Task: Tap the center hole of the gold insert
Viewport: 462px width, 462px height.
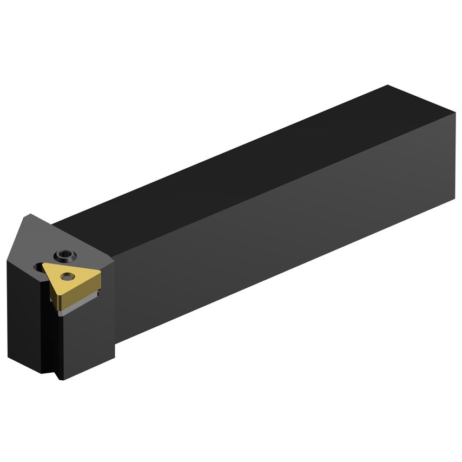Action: (x=67, y=277)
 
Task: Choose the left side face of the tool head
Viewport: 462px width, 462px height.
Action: (x=24, y=314)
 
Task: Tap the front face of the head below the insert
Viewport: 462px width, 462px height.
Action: (x=87, y=335)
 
